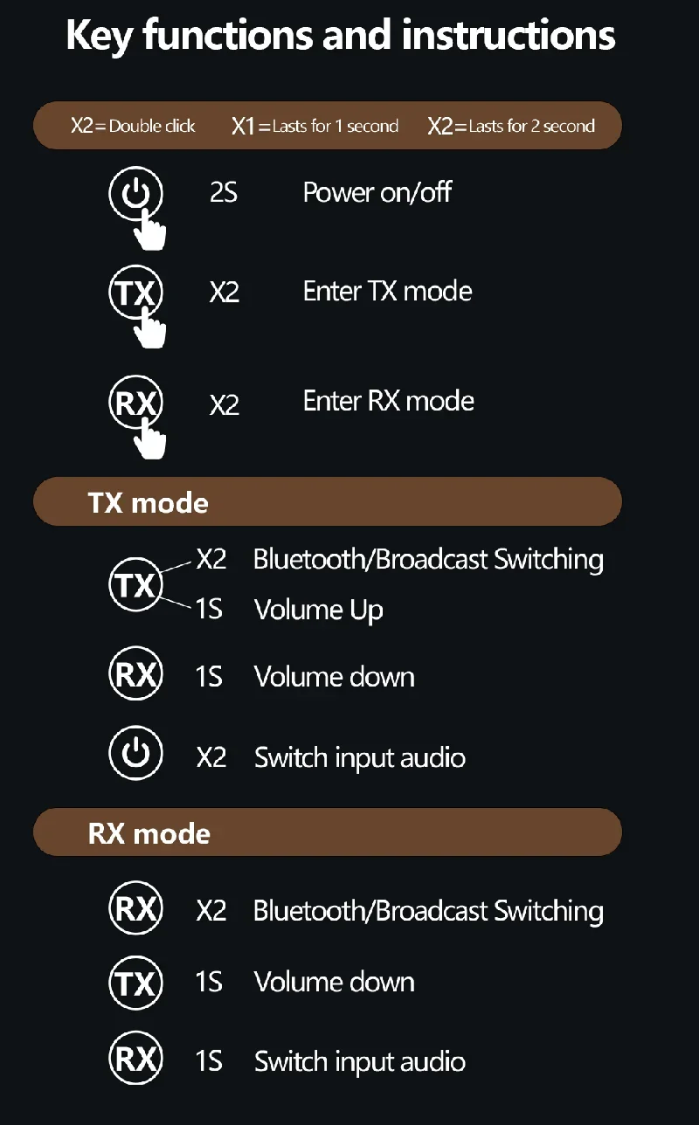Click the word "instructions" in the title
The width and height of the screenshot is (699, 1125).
[509, 36]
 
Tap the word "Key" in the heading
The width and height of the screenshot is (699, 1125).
[100, 36]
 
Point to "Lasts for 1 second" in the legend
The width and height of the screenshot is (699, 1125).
[335, 126]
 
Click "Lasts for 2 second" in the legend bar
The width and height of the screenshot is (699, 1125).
[531, 126]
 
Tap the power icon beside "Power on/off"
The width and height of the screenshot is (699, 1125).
[135, 193]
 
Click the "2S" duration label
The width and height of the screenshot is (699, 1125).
[224, 193]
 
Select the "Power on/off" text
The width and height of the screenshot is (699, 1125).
[377, 192]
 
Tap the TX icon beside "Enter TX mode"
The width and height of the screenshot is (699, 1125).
[135, 293]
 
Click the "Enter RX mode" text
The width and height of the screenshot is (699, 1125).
[388, 401]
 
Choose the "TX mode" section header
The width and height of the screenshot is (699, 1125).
[149, 503]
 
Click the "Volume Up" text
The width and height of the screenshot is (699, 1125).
[319, 610]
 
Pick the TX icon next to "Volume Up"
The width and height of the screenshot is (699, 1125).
[135, 584]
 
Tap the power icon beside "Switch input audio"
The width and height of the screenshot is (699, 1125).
[135, 753]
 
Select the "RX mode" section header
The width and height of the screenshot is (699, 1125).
[149, 833]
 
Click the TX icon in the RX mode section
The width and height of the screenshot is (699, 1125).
[135, 984]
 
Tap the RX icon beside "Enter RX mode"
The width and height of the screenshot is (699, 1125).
[135, 403]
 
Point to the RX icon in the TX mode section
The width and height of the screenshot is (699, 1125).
[135, 675]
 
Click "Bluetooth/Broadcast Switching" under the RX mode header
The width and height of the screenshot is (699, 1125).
[428, 911]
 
